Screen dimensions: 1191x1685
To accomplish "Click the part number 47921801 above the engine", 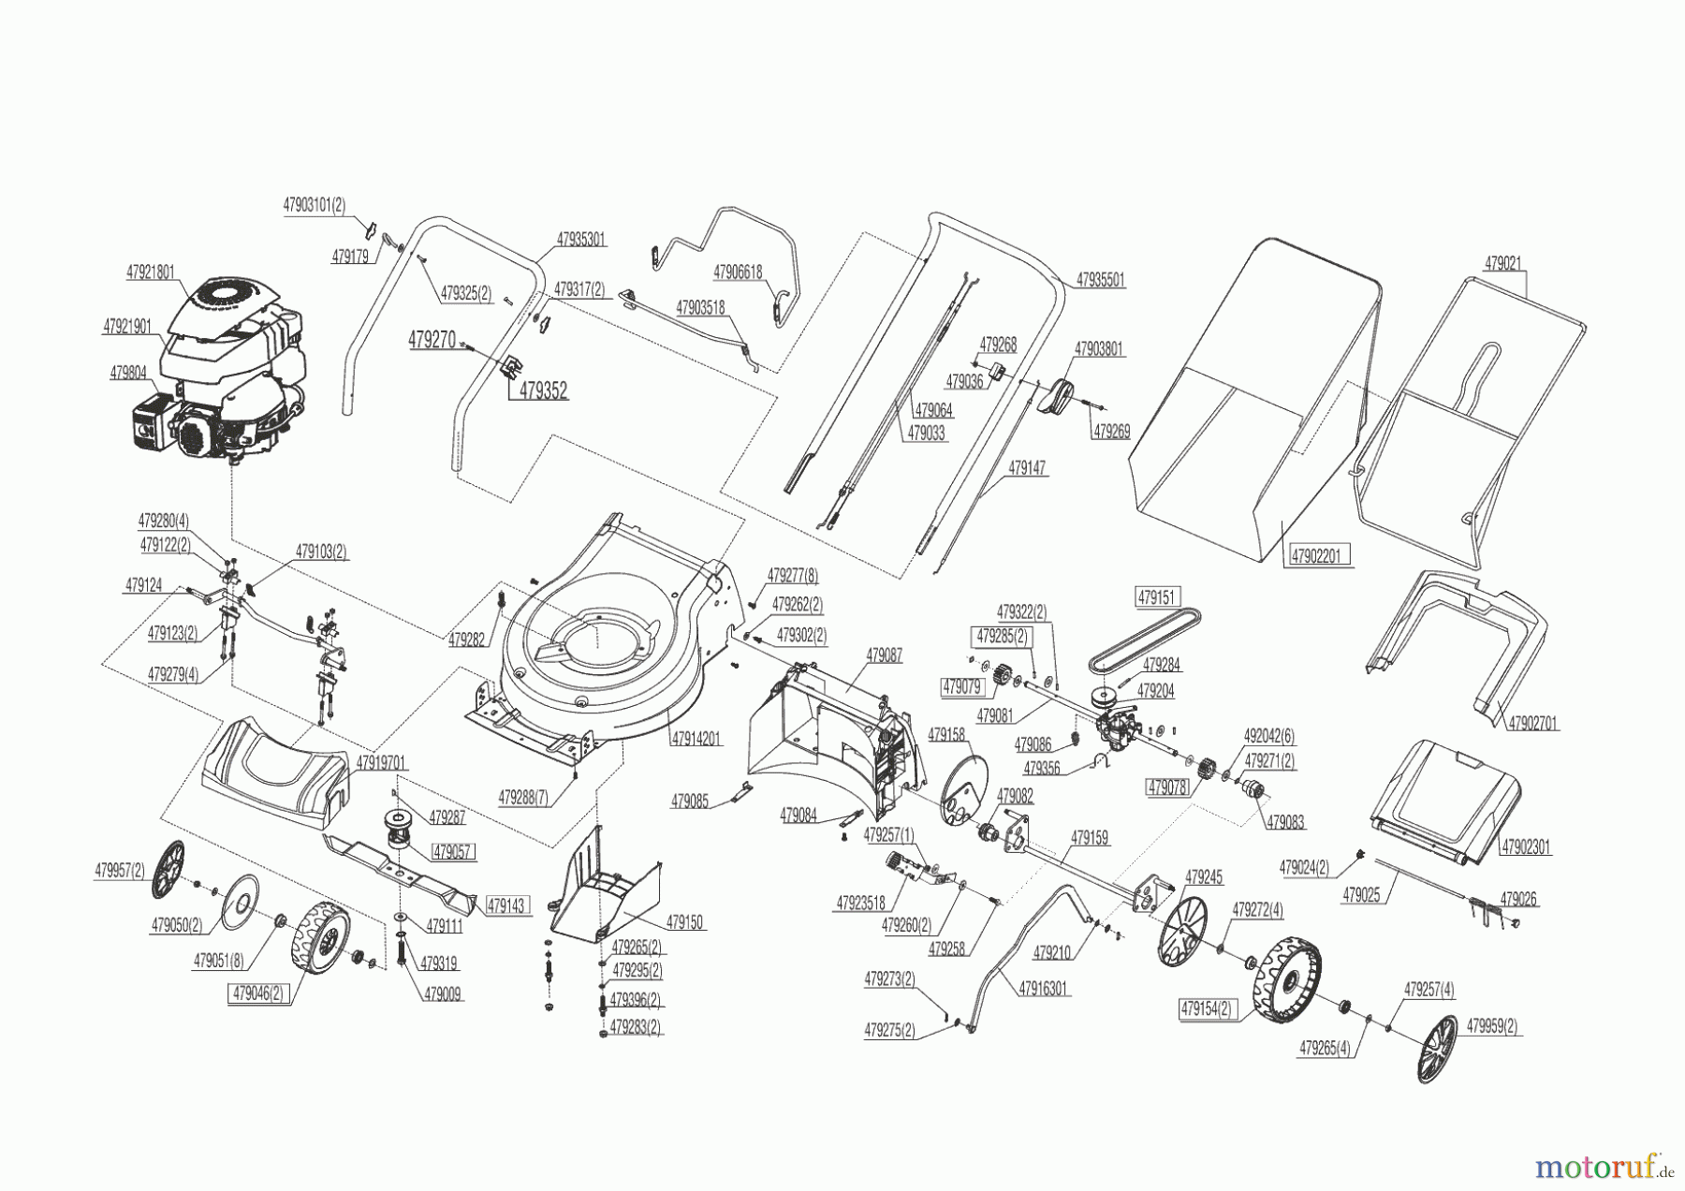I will (x=151, y=272).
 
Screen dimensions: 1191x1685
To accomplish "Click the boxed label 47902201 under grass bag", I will (x=1316, y=555).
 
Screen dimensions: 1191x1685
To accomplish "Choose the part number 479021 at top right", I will (x=1504, y=264).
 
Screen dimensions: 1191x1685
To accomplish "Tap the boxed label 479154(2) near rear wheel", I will (x=1207, y=1009).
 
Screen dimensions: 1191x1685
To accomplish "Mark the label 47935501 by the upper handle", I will (x=1101, y=279).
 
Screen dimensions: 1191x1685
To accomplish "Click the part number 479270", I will (x=432, y=341).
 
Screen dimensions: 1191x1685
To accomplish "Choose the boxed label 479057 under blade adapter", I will (x=453, y=852).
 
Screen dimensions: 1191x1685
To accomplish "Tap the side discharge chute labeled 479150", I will (x=608, y=890).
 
